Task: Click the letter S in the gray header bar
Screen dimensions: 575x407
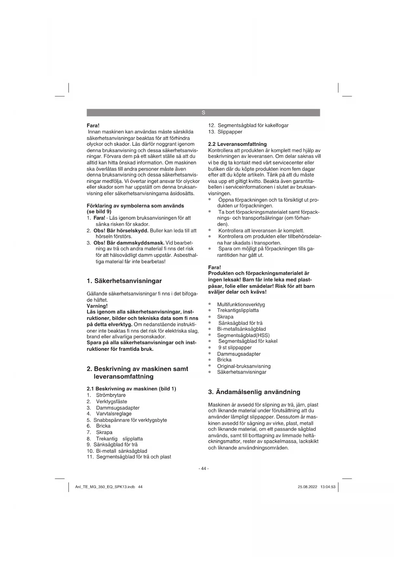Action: (x=203, y=113)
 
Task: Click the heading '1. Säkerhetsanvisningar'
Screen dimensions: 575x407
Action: (x=124, y=281)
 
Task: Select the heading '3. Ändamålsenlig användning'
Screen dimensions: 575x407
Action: (x=254, y=392)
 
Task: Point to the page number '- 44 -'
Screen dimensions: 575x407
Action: (x=203, y=468)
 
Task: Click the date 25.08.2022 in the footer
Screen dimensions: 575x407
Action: (x=307, y=487)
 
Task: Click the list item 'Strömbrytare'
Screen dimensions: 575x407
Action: (x=111, y=395)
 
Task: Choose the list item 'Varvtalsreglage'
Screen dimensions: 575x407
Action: (x=113, y=414)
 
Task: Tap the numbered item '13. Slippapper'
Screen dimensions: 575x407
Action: (x=226, y=132)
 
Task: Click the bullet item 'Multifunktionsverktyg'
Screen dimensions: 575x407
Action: (x=241, y=305)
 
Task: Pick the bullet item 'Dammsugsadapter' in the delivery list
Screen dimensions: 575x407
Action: (x=239, y=354)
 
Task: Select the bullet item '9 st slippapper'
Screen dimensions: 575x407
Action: (x=235, y=347)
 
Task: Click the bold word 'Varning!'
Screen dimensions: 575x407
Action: (x=97, y=306)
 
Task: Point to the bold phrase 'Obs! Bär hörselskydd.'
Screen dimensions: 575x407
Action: (x=121, y=230)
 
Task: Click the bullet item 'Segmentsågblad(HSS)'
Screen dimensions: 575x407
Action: (x=243, y=335)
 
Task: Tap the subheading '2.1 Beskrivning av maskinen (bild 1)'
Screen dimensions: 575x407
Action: (x=131, y=389)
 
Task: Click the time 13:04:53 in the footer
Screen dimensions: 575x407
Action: (x=328, y=487)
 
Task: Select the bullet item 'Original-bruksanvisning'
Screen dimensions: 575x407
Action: (x=244, y=366)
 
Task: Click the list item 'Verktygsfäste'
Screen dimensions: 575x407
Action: (x=112, y=402)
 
